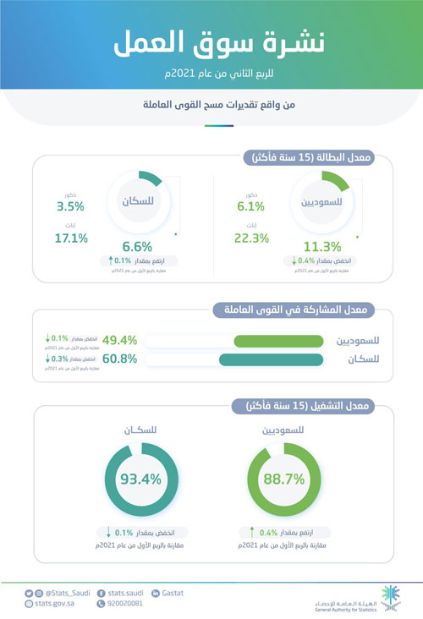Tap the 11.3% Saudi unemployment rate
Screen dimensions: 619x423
pyautogui.click(x=322, y=246)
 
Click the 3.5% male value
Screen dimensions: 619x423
pyautogui.click(x=72, y=205)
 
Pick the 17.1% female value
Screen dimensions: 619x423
pyautogui.click(x=70, y=238)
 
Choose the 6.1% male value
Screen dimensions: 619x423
pyautogui.click(x=250, y=205)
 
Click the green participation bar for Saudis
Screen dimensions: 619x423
pyautogui.click(x=278, y=341)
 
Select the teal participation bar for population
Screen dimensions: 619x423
pyautogui.click(x=272, y=360)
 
